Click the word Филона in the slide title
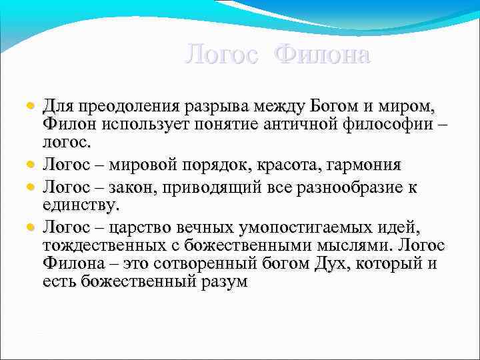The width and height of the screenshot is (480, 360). (x=323, y=54)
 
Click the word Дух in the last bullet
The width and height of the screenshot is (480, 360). (x=327, y=265)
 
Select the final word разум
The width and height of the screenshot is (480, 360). (x=223, y=282)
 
